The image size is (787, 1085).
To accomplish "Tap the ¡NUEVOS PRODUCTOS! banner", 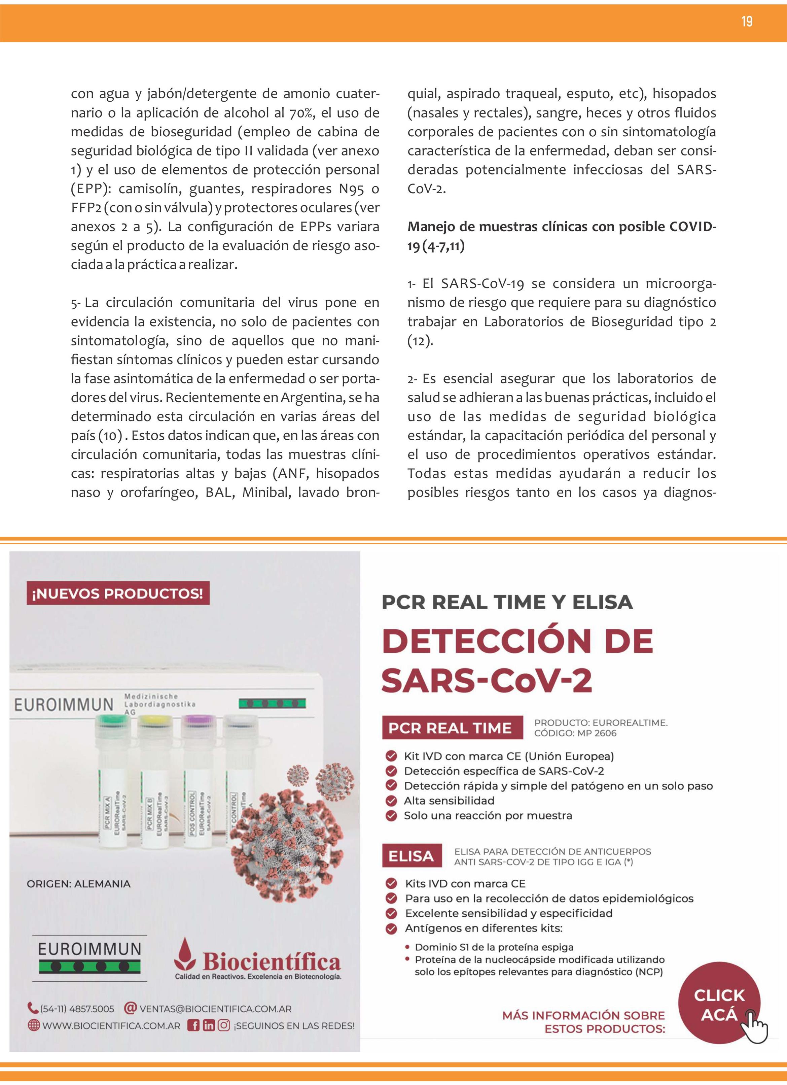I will pyautogui.click(x=118, y=594).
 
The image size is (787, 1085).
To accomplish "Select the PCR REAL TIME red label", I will pyautogui.click(x=450, y=728).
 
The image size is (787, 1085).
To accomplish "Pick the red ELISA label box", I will pyautogui.click(x=411, y=856).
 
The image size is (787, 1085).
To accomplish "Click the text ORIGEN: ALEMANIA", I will pyautogui.click(x=78, y=884).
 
